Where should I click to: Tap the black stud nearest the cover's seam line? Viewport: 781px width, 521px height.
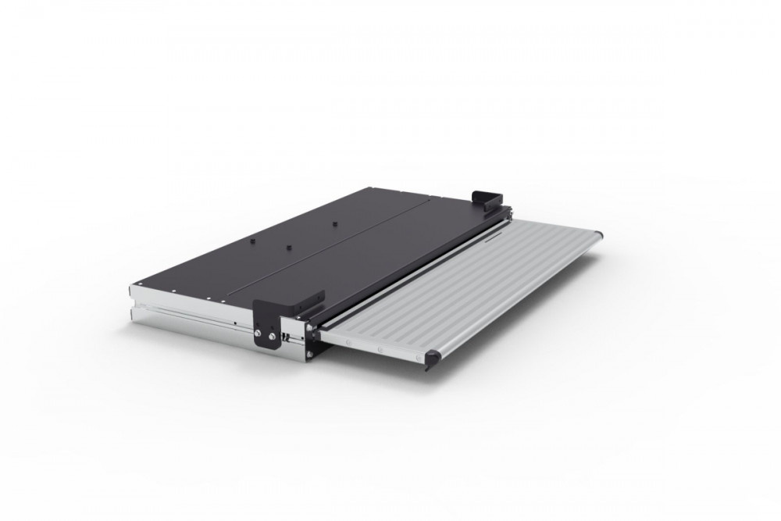click(x=287, y=246)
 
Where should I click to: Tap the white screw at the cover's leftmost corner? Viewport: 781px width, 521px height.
click(x=137, y=283)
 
